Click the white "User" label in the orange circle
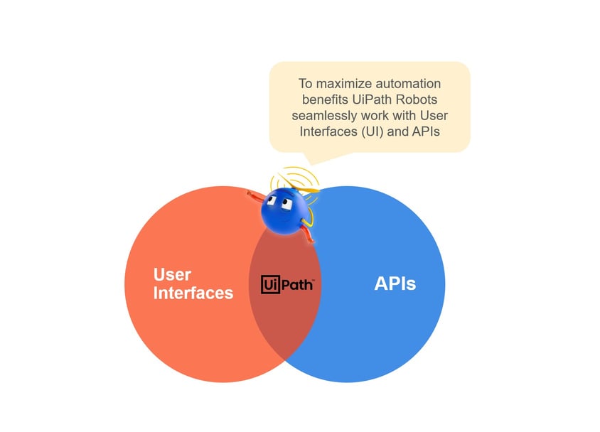coord(172,274)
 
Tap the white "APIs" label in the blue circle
coord(395,284)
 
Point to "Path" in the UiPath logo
coord(294,285)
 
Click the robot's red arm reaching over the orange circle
coord(255,195)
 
